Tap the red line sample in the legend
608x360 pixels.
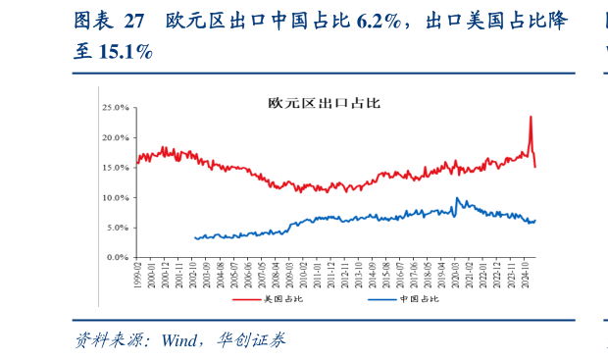point(245,298)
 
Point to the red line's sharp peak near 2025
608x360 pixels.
point(531,117)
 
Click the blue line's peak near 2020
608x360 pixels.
point(456,198)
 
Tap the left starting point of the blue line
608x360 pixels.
point(195,238)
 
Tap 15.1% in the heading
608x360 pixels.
point(124,52)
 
